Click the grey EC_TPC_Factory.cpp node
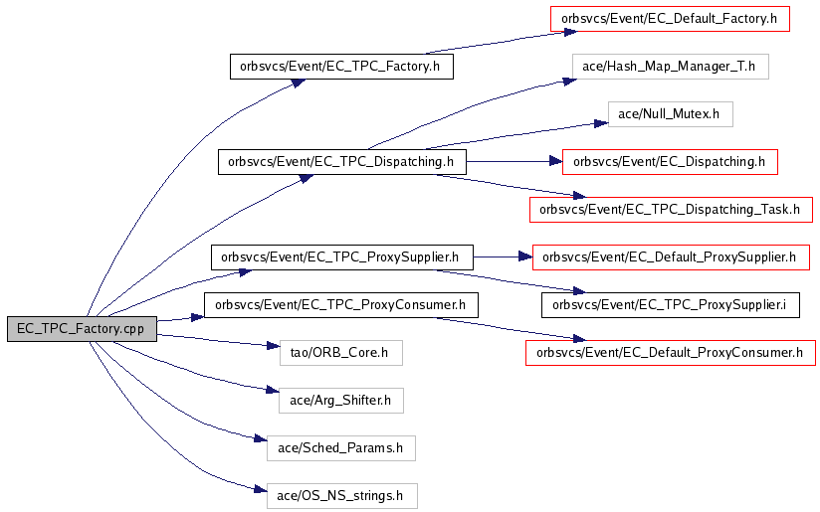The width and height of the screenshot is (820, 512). point(83,329)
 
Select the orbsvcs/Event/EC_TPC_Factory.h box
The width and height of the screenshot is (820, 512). point(341,67)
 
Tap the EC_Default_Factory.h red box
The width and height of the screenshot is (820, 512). point(670,19)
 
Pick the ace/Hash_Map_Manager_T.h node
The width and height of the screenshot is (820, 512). point(671,67)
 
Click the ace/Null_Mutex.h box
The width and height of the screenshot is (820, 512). point(671,114)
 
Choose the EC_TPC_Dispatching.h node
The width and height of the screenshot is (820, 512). point(342,162)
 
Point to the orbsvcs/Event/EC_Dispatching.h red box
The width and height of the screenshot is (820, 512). point(670,162)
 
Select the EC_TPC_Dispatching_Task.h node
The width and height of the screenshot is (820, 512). point(671,210)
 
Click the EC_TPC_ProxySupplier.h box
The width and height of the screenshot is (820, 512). point(342,257)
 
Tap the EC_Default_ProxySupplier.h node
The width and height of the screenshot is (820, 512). point(671,257)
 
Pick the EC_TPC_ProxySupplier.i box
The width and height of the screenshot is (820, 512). point(671,305)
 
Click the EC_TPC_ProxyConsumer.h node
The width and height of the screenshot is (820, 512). point(341,305)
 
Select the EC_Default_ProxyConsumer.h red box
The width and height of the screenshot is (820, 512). point(671,353)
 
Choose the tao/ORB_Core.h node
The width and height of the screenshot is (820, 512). point(341,353)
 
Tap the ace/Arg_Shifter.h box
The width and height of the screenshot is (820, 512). point(341,401)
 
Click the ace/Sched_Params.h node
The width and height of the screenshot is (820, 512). point(341,448)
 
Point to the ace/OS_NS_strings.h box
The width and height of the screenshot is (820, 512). point(342,496)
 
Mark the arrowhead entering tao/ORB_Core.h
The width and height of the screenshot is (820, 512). point(273,345)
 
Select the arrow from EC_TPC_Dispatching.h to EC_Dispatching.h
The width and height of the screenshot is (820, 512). point(514,162)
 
